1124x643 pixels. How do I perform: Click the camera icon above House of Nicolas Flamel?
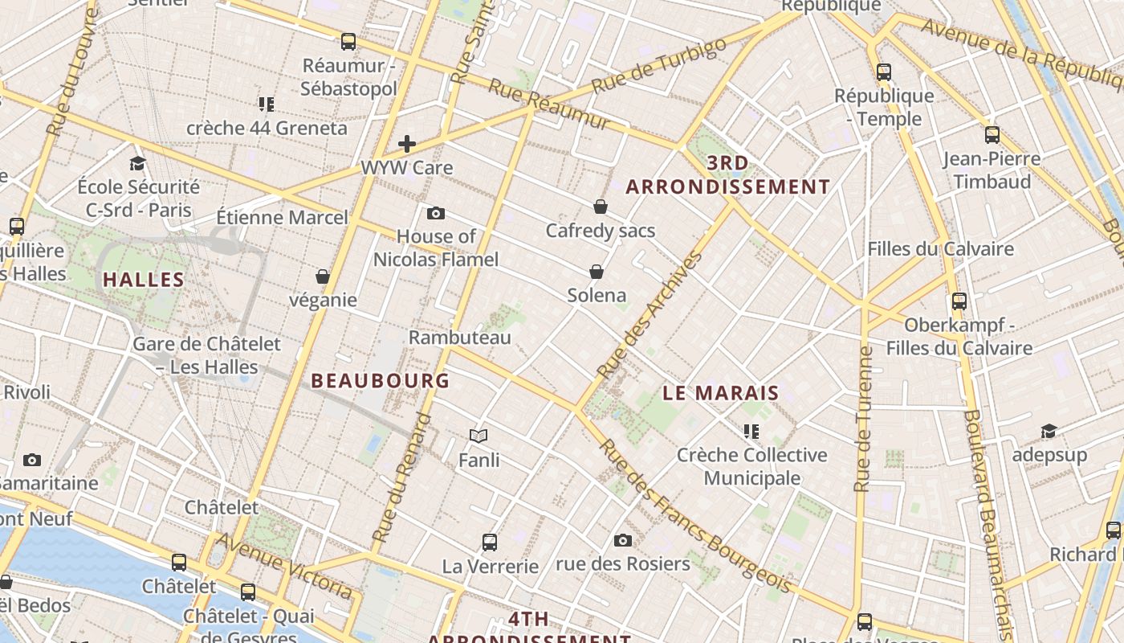point(436,213)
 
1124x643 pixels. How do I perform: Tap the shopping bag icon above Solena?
point(596,272)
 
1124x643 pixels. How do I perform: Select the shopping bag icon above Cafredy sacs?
point(600,207)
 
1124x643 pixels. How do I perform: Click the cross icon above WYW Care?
point(407,144)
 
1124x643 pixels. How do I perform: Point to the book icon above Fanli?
point(479,436)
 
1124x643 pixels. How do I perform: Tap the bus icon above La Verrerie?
point(490,542)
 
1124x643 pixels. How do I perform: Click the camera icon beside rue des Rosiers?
point(622,540)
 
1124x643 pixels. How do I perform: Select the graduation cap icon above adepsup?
point(1049,432)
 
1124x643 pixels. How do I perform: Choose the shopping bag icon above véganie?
point(323,276)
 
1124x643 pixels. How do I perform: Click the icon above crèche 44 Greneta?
point(267,104)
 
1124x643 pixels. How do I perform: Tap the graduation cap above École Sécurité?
point(137,163)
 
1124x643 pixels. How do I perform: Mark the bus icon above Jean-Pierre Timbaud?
point(992,134)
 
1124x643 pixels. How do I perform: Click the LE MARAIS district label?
point(721,393)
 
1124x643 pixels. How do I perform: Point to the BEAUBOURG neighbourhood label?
point(380,381)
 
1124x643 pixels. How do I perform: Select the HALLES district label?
point(144,281)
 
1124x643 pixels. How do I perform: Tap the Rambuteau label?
point(459,338)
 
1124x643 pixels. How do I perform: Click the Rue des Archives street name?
point(651,315)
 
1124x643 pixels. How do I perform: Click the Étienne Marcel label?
point(283,217)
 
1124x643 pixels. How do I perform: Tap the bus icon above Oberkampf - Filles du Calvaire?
point(959,301)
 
